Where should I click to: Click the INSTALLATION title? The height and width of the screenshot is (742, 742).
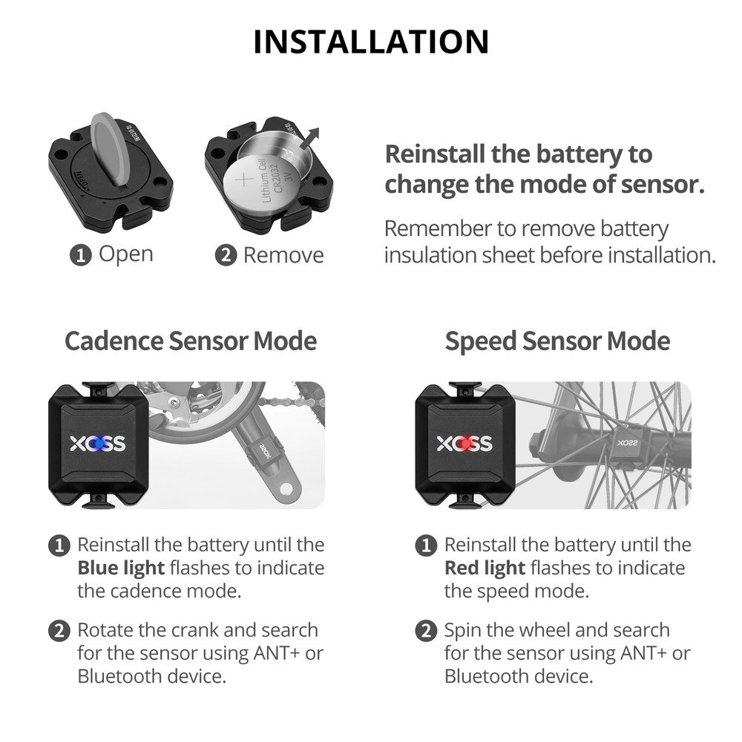[x=371, y=42]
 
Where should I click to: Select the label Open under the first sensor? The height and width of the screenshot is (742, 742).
[x=125, y=254]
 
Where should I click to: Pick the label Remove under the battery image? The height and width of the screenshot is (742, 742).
[x=283, y=255]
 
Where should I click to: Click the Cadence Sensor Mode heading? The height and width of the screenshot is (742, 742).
[x=191, y=341]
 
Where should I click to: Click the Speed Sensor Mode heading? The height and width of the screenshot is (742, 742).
[x=557, y=341]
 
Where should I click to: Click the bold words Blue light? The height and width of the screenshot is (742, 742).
[x=120, y=568]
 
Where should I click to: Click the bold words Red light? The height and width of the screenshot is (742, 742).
[x=485, y=568]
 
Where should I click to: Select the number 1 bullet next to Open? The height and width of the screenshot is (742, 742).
[x=79, y=255]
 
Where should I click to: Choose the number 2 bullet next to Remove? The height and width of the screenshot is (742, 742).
[x=224, y=256]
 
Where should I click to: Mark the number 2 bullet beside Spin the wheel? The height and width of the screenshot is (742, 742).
[x=425, y=631]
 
